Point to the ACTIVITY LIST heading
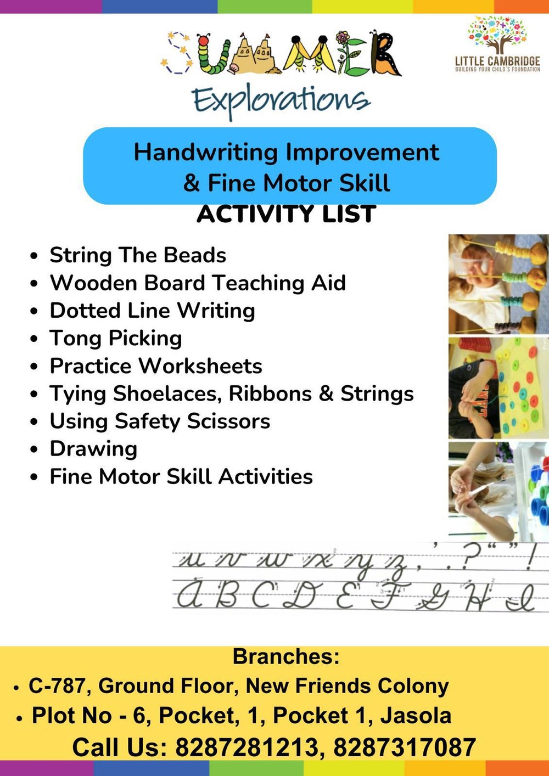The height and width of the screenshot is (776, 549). click(286, 214)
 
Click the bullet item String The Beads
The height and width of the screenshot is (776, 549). click(138, 255)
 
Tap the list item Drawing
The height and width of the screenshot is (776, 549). click(93, 449)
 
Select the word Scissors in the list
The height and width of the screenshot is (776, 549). click(228, 421)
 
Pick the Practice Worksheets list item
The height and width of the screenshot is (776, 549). click(156, 366)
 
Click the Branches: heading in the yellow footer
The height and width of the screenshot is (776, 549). click(286, 656)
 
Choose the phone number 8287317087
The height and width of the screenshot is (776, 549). click(404, 747)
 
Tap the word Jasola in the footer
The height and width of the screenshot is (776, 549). click(416, 716)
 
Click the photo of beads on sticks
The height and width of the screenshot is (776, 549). click(498, 284)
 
